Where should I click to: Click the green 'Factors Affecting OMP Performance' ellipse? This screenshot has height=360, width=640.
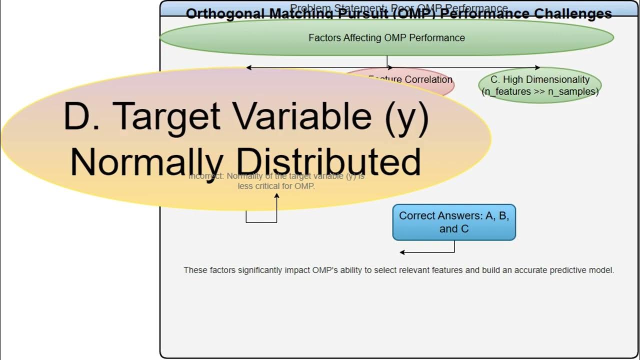point(386,38)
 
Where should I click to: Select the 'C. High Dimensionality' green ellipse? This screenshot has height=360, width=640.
point(539,85)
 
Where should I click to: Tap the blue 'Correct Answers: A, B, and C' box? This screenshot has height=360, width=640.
point(454,222)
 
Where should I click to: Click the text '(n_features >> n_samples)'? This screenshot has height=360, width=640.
point(539,91)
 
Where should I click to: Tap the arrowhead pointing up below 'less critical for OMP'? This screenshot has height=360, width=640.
point(276,195)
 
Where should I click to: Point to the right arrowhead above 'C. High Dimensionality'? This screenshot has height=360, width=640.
point(537,67)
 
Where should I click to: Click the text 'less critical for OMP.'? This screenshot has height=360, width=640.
point(276,186)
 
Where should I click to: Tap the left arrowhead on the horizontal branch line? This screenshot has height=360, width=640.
point(248,67)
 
